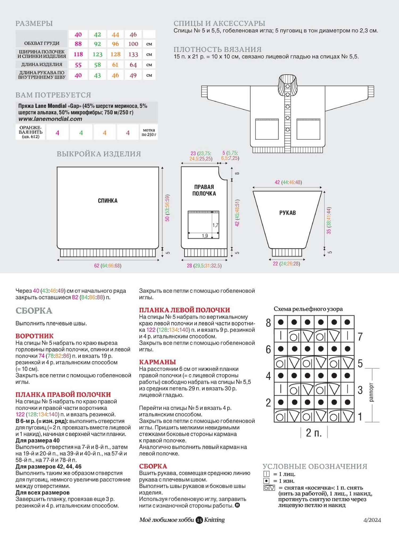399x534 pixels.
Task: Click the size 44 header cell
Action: coord(115,35)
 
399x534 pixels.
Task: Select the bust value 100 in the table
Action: coord(133,44)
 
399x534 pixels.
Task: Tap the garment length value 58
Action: coord(97,65)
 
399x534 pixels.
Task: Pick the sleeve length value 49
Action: coord(133,75)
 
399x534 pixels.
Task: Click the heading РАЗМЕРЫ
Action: coord(34,23)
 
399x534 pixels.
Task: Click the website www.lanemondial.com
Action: coord(50,119)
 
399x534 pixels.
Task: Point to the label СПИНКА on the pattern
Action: coord(108,201)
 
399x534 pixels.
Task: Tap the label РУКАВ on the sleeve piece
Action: coord(288,213)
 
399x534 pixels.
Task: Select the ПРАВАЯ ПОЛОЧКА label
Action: coord(204,190)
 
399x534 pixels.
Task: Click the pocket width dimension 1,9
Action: coord(205,236)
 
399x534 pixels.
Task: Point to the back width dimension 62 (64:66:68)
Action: coord(108,266)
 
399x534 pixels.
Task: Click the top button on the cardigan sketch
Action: coord(288,86)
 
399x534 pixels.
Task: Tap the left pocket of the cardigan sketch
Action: coord(267,129)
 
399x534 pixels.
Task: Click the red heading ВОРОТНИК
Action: coord(34,336)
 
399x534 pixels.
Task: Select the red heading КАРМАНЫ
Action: coord(157,362)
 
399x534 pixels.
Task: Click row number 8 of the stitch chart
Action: coord(268,323)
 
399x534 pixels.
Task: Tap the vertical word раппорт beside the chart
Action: coord(372,392)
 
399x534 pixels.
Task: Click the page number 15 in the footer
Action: coord(199,520)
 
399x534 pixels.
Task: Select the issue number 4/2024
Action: coord(372,520)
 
